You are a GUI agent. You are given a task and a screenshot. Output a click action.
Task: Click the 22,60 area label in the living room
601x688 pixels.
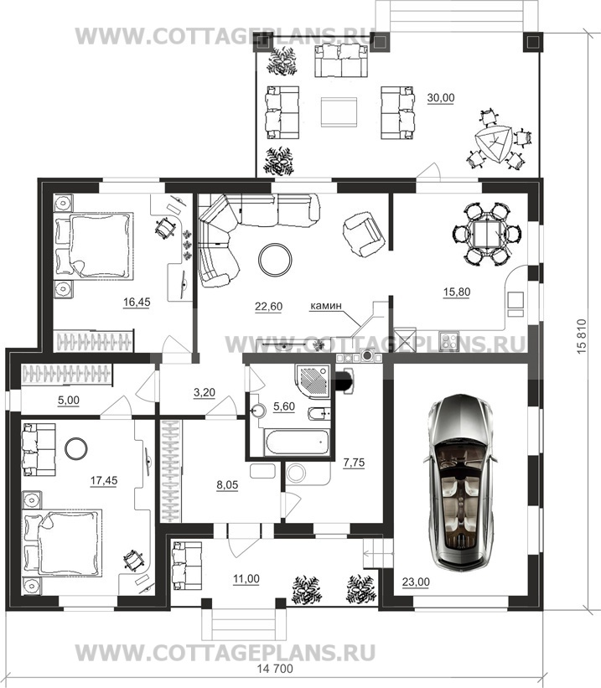point(268,306)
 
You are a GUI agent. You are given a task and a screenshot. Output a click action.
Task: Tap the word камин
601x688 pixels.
point(326,306)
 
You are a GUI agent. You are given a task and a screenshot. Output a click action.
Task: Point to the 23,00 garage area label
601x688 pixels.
point(416,582)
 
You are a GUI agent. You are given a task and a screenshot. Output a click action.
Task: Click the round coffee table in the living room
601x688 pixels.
point(275,260)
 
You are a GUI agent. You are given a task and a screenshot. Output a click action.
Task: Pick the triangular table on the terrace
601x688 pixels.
point(494,144)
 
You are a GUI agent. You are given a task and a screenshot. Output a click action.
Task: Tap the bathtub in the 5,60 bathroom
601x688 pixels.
point(297,442)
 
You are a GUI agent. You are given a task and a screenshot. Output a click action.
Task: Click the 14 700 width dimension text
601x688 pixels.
point(275,669)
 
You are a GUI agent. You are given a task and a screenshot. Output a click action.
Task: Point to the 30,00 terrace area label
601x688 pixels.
point(441,98)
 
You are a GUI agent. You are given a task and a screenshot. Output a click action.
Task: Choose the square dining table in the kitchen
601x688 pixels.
point(487,234)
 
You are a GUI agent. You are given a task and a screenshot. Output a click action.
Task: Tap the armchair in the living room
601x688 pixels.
point(364,235)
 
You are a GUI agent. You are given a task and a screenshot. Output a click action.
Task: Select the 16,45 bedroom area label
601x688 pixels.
point(137,302)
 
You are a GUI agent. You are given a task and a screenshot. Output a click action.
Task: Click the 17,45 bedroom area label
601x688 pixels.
point(104,480)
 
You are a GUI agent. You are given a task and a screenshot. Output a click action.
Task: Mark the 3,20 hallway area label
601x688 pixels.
point(205,392)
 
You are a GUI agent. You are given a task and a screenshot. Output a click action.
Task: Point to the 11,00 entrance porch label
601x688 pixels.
point(246,579)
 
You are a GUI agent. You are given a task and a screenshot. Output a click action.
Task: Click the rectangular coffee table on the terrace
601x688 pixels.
point(339,112)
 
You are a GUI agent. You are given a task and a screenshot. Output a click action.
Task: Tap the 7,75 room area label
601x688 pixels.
point(354,463)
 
